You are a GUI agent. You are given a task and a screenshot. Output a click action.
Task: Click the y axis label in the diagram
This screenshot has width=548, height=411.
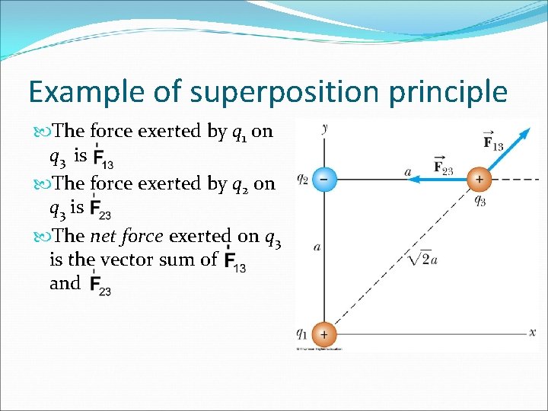click(x=325, y=129)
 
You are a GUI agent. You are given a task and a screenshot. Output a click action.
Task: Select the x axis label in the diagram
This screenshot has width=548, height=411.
click(x=532, y=333)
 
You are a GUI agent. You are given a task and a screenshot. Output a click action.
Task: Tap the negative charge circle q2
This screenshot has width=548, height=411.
click(x=323, y=180)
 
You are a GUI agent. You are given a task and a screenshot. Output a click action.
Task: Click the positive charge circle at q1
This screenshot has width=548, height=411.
click(x=323, y=333)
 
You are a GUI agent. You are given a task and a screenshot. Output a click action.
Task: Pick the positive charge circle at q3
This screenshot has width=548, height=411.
click(x=479, y=180)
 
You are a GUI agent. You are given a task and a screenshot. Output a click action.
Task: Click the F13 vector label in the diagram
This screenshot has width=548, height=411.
click(x=492, y=142)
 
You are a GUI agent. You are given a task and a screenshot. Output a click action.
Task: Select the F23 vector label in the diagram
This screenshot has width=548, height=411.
click(x=442, y=167)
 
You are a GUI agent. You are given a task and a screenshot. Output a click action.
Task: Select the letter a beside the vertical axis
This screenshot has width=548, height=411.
click(x=316, y=247)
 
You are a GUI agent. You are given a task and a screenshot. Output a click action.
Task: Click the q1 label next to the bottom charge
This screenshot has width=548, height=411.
click(x=303, y=333)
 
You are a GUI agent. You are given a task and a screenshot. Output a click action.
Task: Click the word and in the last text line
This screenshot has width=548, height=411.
click(x=65, y=283)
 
